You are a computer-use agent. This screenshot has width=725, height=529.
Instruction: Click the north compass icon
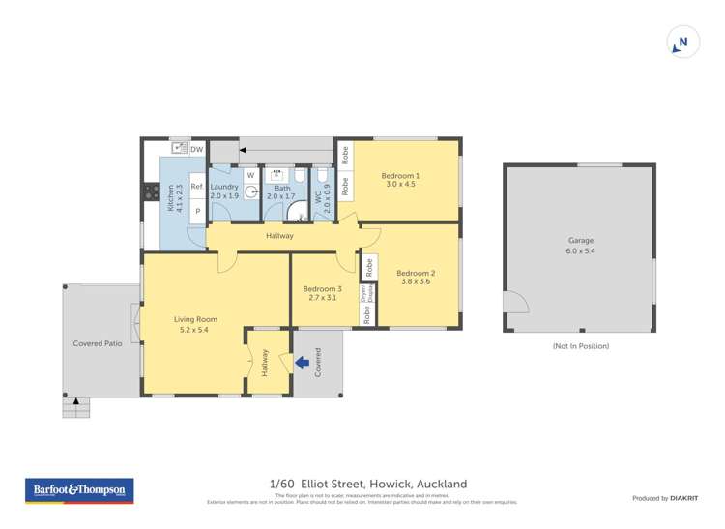(x=683, y=43)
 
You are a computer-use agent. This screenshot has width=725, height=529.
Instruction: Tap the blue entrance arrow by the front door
(x=303, y=364)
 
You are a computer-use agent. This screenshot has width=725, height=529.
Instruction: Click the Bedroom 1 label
(x=400, y=175)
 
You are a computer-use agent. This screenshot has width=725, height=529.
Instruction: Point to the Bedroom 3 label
(x=322, y=289)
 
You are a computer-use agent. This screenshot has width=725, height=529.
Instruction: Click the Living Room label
(x=195, y=319)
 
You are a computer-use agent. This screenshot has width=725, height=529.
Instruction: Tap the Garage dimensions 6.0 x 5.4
(x=580, y=250)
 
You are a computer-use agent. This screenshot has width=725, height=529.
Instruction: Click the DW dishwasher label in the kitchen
(x=197, y=150)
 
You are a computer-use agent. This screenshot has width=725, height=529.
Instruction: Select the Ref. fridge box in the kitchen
(x=196, y=187)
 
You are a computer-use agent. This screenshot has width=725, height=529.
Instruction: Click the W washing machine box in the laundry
(x=249, y=175)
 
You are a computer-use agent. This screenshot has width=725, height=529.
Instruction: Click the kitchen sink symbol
(x=178, y=149)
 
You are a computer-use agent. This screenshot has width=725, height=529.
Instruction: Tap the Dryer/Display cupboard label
(x=366, y=291)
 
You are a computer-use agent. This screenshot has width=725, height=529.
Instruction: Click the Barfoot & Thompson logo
(x=80, y=490)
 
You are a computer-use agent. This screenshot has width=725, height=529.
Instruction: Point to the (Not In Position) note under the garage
(x=580, y=345)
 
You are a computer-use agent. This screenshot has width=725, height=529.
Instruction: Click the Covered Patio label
(x=98, y=343)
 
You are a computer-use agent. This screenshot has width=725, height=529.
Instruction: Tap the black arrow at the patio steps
(x=74, y=399)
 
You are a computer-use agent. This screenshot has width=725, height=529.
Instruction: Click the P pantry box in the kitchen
(x=196, y=210)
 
